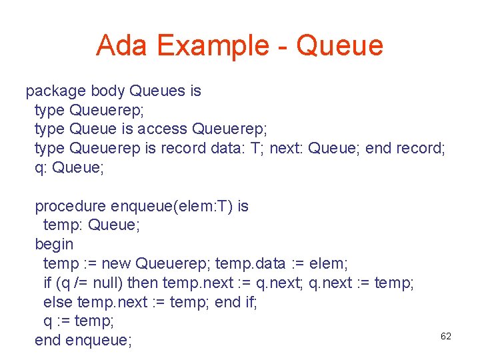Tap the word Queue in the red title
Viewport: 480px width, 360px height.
[339, 45]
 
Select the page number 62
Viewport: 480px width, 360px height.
[446, 336]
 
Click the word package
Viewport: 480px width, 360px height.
[55, 91]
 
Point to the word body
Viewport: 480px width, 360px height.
[108, 91]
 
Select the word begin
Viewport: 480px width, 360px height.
[54, 245]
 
